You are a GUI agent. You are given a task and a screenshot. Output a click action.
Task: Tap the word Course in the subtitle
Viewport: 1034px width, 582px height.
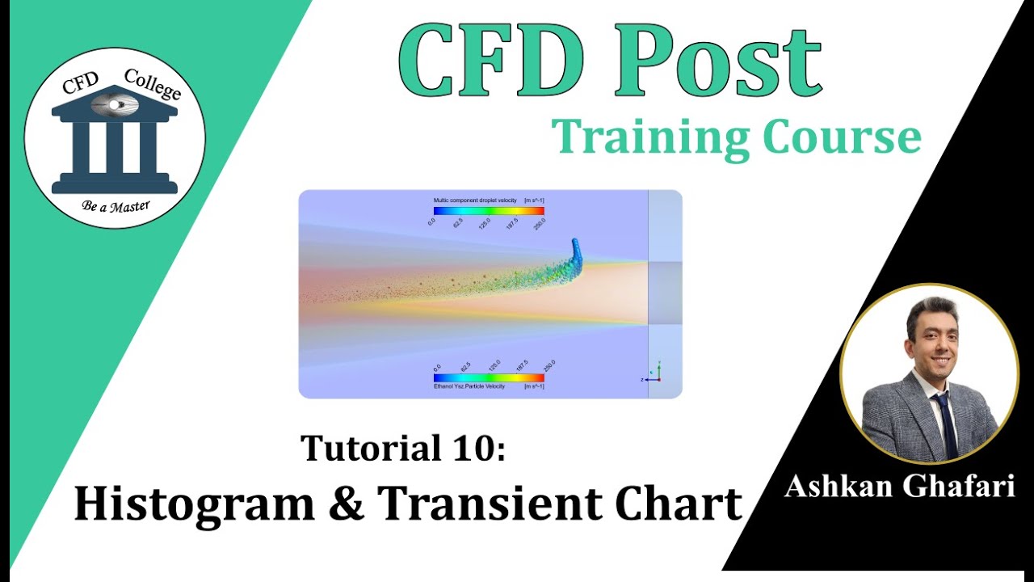840,137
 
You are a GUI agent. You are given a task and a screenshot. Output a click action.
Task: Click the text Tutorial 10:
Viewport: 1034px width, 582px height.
403,449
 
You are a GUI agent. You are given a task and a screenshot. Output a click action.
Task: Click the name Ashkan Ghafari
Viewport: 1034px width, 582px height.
899,486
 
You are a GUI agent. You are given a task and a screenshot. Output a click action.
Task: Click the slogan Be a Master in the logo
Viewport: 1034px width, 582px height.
116,205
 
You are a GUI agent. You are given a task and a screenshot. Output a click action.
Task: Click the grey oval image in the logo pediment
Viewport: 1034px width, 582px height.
115,104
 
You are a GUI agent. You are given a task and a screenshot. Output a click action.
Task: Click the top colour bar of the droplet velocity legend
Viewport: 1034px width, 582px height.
489,210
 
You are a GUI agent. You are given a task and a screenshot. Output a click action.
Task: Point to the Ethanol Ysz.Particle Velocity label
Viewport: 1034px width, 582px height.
469,386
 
